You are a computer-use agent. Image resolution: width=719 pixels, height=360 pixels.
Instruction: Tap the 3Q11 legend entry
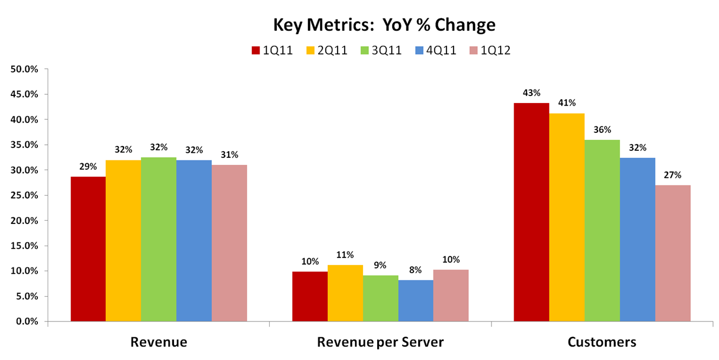381,50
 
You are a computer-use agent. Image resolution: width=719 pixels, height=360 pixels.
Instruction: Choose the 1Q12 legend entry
490,50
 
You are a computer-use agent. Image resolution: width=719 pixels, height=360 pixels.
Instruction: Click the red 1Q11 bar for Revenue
88,249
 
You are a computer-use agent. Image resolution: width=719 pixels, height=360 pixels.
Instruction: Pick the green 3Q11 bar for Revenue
158,239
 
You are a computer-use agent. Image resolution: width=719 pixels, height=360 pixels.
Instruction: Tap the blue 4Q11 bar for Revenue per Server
416,300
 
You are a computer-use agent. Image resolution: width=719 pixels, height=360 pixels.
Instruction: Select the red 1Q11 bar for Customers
532,212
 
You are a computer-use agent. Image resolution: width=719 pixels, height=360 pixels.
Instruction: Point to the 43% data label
532,93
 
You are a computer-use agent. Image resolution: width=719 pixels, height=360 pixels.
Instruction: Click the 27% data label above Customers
673,175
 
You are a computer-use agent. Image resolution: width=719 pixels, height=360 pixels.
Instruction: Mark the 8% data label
416,270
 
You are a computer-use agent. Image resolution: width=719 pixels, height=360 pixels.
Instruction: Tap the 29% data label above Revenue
88,166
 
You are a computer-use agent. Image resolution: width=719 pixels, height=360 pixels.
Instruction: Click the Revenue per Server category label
380,342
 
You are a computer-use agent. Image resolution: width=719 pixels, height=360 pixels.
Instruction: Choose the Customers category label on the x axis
602,342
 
